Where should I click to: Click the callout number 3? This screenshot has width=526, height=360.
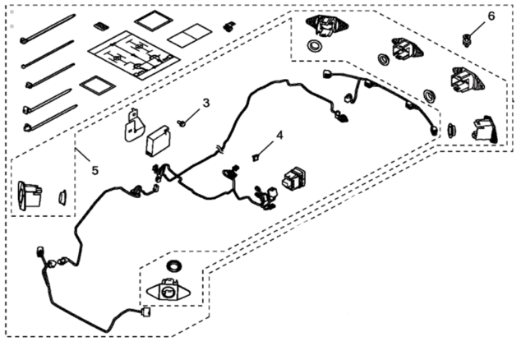[205, 103]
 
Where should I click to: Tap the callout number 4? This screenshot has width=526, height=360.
[279, 134]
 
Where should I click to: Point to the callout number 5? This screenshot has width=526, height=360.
[95, 170]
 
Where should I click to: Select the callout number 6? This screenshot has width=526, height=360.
[491, 15]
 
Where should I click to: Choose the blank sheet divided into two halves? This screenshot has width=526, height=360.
[190, 35]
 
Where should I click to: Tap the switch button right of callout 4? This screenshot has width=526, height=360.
[294, 180]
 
